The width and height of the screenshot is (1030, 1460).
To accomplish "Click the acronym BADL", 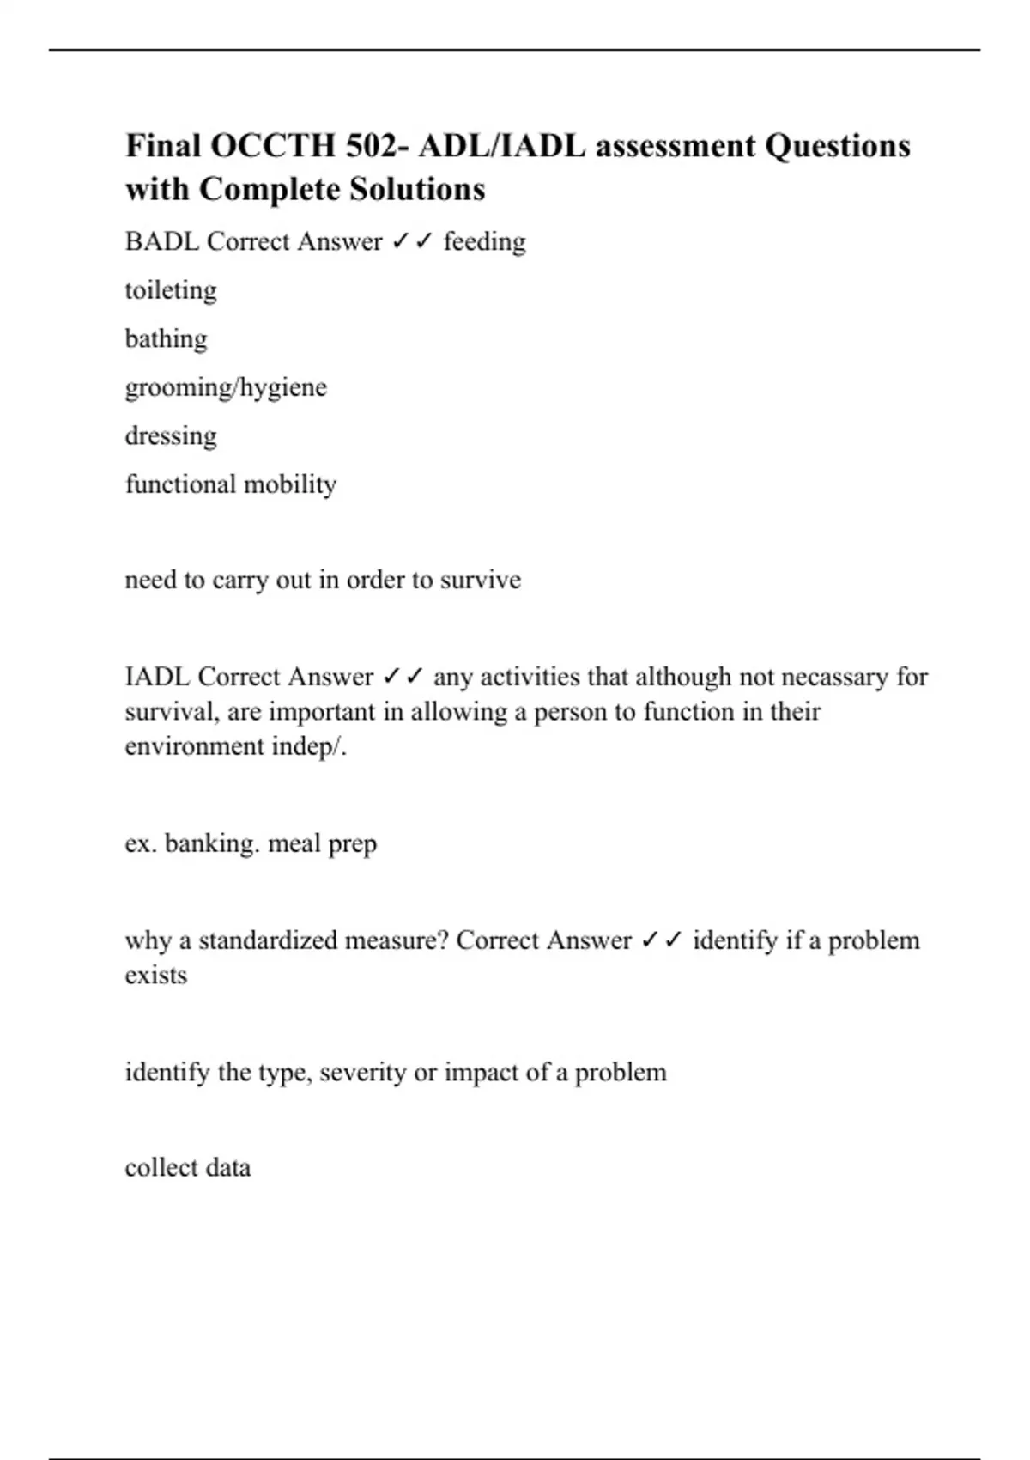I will pos(161,241).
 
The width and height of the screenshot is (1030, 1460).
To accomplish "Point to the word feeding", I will pos(484,241).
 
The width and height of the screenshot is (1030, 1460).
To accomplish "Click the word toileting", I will pos(171,290).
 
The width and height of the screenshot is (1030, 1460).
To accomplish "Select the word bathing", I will pos(166,338).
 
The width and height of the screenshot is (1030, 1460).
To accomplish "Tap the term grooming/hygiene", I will pos(226,387).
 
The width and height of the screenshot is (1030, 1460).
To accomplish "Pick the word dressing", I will pos(171,435).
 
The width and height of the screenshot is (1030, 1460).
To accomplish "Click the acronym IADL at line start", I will pos(157,677).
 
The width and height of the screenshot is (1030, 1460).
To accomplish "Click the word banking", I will pos(212,843).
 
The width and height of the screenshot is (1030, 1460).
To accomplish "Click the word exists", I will pos(155,976).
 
